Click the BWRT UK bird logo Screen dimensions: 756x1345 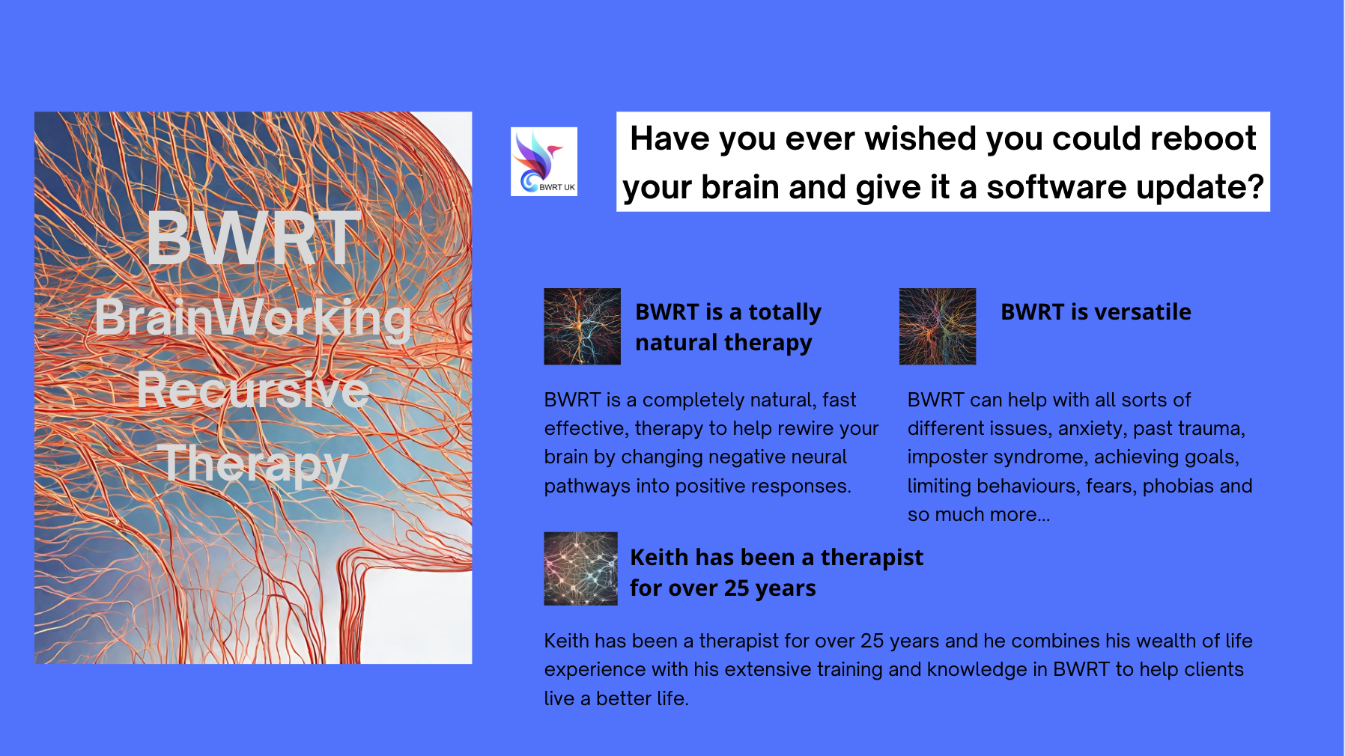(544, 161)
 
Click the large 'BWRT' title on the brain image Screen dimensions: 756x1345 (254, 239)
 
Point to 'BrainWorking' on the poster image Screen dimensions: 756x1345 (253, 317)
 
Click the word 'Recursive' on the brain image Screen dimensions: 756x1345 (253, 390)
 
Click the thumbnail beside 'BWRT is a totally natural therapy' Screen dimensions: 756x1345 (582, 326)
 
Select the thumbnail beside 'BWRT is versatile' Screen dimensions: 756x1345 (937, 326)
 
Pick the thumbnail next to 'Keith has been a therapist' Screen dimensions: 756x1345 (580, 568)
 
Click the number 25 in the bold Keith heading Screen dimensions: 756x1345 (737, 588)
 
